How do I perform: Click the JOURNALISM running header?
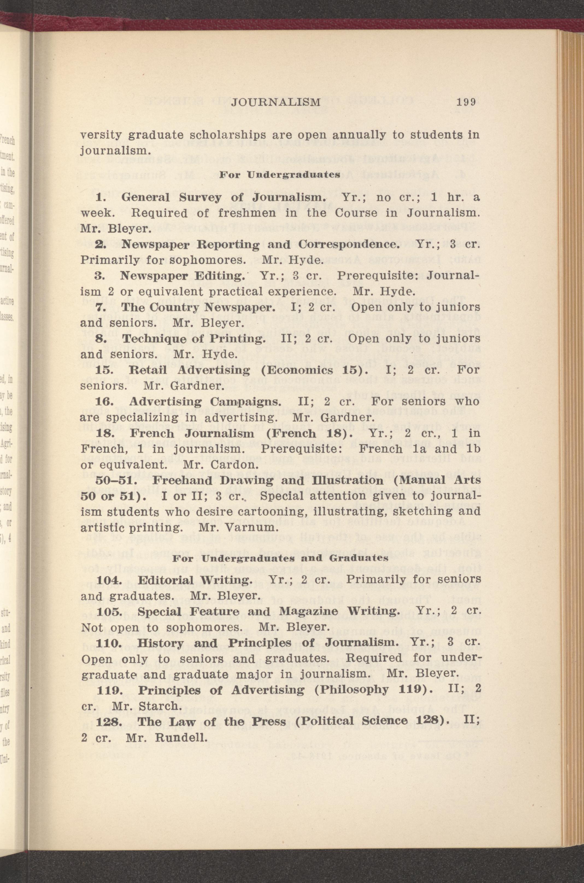[276, 102]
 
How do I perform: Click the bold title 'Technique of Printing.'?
[194, 339]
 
